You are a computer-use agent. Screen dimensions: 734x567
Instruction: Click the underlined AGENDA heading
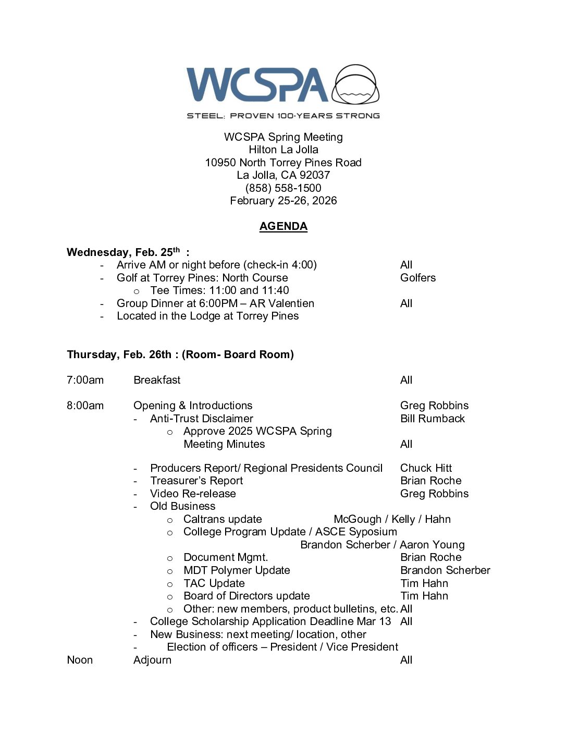point(283,226)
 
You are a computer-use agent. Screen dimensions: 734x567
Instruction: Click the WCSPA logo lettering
point(257,84)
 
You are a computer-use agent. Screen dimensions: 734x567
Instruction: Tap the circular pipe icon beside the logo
point(356,84)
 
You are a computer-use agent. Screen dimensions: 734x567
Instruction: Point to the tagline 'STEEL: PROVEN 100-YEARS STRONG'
point(283,116)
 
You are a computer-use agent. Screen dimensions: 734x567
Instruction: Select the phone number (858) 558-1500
point(283,188)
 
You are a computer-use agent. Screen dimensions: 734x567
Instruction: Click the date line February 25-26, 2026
point(283,201)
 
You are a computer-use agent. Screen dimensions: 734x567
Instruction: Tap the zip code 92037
point(315,175)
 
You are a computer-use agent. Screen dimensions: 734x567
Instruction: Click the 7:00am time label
point(85,380)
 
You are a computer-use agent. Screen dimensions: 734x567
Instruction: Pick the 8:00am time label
point(85,406)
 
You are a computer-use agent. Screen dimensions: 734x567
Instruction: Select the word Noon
point(80,660)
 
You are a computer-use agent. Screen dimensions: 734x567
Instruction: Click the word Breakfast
point(157,380)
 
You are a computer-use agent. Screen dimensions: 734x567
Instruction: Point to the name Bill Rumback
point(433,419)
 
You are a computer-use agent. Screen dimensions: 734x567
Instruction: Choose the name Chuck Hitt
point(426,468)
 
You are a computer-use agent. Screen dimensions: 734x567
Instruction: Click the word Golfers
point(418,278)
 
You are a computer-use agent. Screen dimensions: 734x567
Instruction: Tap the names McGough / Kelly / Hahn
point(392,519)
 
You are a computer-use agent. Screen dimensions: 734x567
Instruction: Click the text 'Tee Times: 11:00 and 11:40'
point(219,290)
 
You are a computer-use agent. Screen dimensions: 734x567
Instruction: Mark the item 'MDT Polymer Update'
point(237,570)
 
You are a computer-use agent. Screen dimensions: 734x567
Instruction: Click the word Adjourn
point(152,660)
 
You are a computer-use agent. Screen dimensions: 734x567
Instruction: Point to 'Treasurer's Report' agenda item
point(196,481)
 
